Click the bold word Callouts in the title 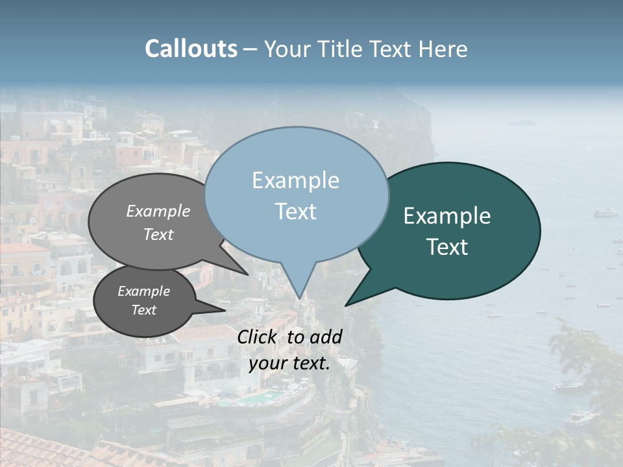point(191,49)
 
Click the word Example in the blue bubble point(295,180)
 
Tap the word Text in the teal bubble point(447,247)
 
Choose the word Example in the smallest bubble point(143,291)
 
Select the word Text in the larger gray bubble point(158,235)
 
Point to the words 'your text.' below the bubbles point(289,363)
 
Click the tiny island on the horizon point(522,123)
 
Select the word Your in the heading point(286,49)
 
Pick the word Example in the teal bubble point(447,216)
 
